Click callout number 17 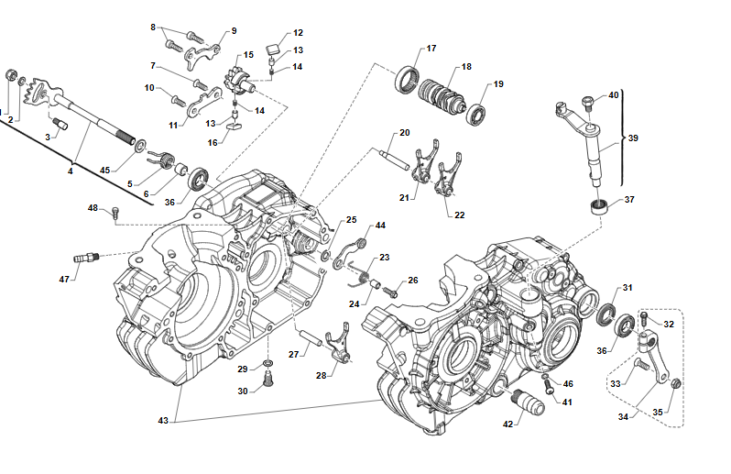click(431, 49)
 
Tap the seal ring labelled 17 click(406, 80)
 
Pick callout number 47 click(64, 279)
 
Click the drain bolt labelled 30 click(267, 378)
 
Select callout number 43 click(162, 420)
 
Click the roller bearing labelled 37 click(598, 204)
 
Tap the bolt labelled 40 click(587, 100)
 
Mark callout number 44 click(380, 226)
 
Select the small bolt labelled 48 click(115, 215)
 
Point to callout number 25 click(351, 220)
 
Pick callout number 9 click(232, 30)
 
